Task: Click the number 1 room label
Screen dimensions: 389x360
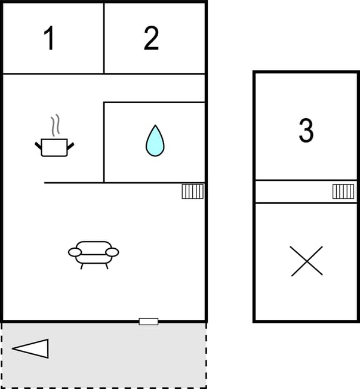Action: click(x=50, y=39)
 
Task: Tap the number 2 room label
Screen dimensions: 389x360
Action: click(x=152, y=39)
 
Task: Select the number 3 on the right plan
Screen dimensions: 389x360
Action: click(x=306, y=131)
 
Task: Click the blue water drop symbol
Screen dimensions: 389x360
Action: click(x=155, y=141)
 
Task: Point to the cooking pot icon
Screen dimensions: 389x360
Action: click(x=54, y=147)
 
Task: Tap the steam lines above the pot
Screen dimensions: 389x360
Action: click(x=56, y=125)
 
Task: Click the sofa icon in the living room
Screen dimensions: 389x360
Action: click(x=93, y=253)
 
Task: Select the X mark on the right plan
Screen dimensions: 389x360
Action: click(x=306, y=261)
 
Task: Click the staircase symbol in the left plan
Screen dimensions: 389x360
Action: click(x=192, y=192)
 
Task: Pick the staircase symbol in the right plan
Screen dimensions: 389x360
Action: click(x=343, y=192)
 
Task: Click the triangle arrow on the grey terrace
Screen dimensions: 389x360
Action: click(x=31, y=348)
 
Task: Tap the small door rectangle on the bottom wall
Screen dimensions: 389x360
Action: click(x=149, y=322)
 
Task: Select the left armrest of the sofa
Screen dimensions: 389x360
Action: click(x=75, y=252)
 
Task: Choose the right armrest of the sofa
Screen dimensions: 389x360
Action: click(x=112, y=252)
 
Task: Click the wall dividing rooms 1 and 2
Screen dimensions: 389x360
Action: click(x=104, y=39)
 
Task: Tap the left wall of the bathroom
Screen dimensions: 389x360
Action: click(x=104, y=143)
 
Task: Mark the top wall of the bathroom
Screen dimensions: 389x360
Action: click(x=155, y=103)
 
